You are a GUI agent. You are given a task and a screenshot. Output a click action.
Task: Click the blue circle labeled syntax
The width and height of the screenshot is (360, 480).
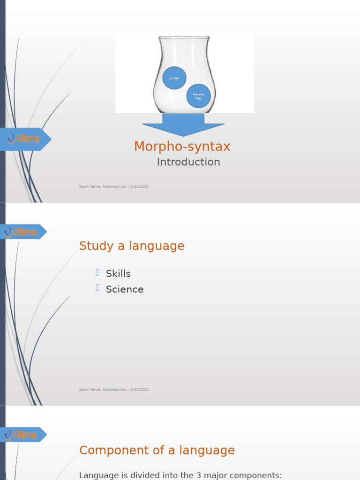point(174,78)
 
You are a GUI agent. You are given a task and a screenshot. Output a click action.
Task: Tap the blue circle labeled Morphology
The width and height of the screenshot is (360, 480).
point(198,96)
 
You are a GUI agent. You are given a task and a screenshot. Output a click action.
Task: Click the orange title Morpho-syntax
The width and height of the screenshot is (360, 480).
point(182,147)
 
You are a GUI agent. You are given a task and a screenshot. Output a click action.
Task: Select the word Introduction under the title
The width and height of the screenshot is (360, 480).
point(188,162)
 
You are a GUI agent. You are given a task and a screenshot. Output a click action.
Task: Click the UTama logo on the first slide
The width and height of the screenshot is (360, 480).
point(24,139)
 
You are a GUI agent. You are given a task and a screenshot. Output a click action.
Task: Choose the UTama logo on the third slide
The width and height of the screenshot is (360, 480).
point(22,435)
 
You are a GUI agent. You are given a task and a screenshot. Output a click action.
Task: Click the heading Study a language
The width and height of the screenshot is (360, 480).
point(132,246)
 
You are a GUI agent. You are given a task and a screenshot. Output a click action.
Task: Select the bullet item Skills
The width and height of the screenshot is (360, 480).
point(118,274)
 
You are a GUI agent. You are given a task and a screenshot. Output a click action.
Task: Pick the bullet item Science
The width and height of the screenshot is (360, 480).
point(125,290)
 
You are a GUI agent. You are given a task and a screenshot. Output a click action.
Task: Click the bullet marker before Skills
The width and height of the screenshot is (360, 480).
point(97,272)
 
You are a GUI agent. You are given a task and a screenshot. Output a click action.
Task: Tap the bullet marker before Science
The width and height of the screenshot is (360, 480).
point(97,288)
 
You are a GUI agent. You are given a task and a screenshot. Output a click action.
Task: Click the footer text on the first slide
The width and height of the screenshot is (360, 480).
point(114,187)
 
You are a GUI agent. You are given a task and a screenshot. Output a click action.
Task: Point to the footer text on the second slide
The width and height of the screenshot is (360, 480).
point(114,390)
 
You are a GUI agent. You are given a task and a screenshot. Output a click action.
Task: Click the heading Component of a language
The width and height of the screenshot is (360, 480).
point(157,450)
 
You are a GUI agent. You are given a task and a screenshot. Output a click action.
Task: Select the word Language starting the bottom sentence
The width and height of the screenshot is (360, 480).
point(99,475)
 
